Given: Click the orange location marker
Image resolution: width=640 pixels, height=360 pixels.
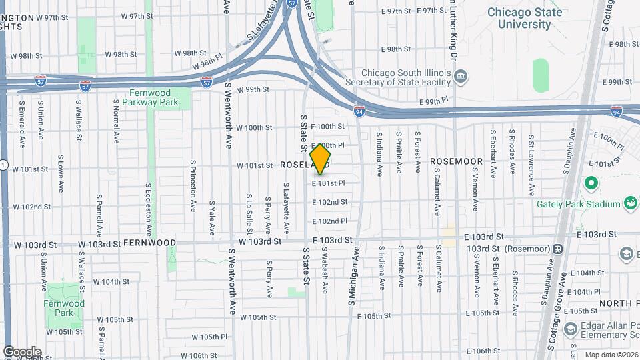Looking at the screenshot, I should click(x=320, y=159).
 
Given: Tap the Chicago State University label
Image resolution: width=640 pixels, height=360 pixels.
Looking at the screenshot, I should click(x=524, y=18).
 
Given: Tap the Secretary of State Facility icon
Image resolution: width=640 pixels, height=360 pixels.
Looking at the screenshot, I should click(x=459, y=78).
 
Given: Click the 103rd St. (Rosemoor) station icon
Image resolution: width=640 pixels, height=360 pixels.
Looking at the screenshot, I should click(x=558, y=249).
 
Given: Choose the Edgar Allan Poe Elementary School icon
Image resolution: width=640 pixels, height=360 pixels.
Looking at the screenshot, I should click(x=570, y=329).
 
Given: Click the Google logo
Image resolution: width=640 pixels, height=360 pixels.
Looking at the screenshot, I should click(x=22, y=351).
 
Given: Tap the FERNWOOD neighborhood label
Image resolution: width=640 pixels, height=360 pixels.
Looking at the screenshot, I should click(x=149, y=243).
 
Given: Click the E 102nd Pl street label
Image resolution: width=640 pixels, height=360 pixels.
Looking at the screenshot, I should click(x=329, y=221).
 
